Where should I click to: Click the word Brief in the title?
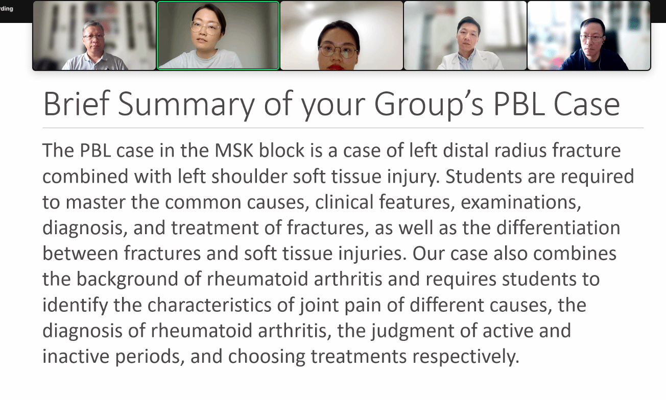pos(77,104)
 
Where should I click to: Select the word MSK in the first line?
pos(234,151)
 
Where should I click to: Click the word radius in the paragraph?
pos(520,151)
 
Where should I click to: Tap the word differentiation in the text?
pos(558,228)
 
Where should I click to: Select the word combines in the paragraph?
pos(575,253)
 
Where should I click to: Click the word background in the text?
pos(128,280)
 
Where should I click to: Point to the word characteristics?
pos(209,305)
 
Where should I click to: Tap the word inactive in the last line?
pos(76,356)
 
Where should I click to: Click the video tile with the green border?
pos(218,35)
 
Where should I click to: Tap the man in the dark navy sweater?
pos(593,44)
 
